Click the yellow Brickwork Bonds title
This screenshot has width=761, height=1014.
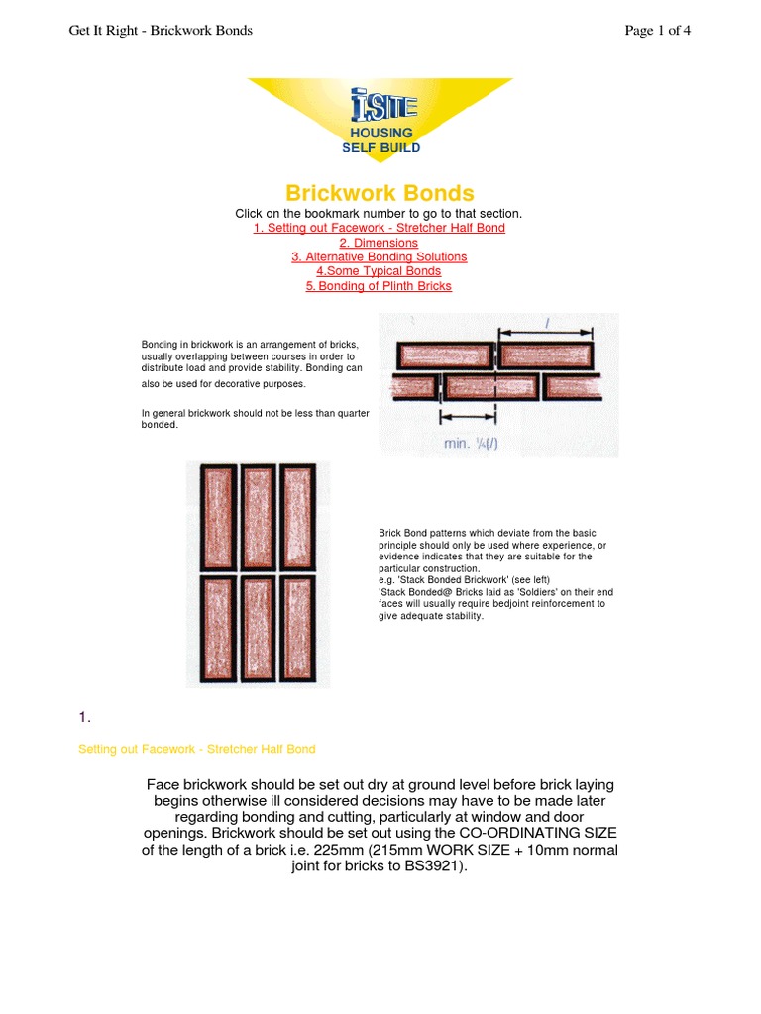(x=380, y=193)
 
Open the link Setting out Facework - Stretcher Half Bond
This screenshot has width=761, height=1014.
(x=379, y=228)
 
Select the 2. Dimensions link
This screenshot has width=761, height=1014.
(x=379, y=243)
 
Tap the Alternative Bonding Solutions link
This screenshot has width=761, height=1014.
(x=379, y=256)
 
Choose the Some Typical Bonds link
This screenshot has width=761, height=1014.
(x=379, y=271)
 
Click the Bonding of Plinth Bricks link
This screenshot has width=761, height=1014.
(x=379, y=286)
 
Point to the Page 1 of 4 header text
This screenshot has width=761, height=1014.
(x=657, y=31)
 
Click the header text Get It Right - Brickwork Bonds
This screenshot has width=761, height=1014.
(x=161, y=31)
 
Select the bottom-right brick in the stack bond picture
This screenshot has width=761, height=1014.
(x=296, y=627)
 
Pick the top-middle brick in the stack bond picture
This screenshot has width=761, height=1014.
(x=257, y=515)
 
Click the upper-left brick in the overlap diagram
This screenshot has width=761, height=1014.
(x=444, y=355)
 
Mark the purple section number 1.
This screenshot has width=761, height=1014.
(x=83, y=717)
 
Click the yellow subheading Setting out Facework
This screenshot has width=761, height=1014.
(x=196, y=749)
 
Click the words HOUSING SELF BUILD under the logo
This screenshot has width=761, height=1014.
(x=380, y=140)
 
